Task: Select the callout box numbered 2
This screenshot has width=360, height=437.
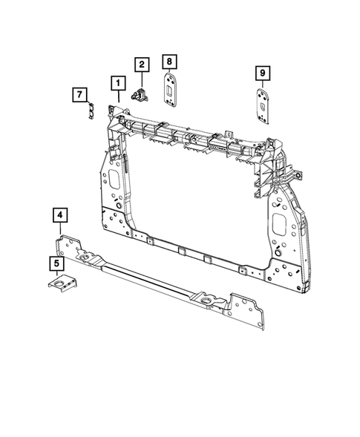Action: pos(140,65)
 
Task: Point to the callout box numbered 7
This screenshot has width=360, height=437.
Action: pos(78,94)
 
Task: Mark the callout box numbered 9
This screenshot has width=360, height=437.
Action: pos(262,72)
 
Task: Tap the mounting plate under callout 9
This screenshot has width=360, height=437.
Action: pos(263,103)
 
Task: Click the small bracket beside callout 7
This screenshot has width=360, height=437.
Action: pos(91,111)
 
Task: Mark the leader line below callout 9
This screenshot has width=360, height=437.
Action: pos(262,84)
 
